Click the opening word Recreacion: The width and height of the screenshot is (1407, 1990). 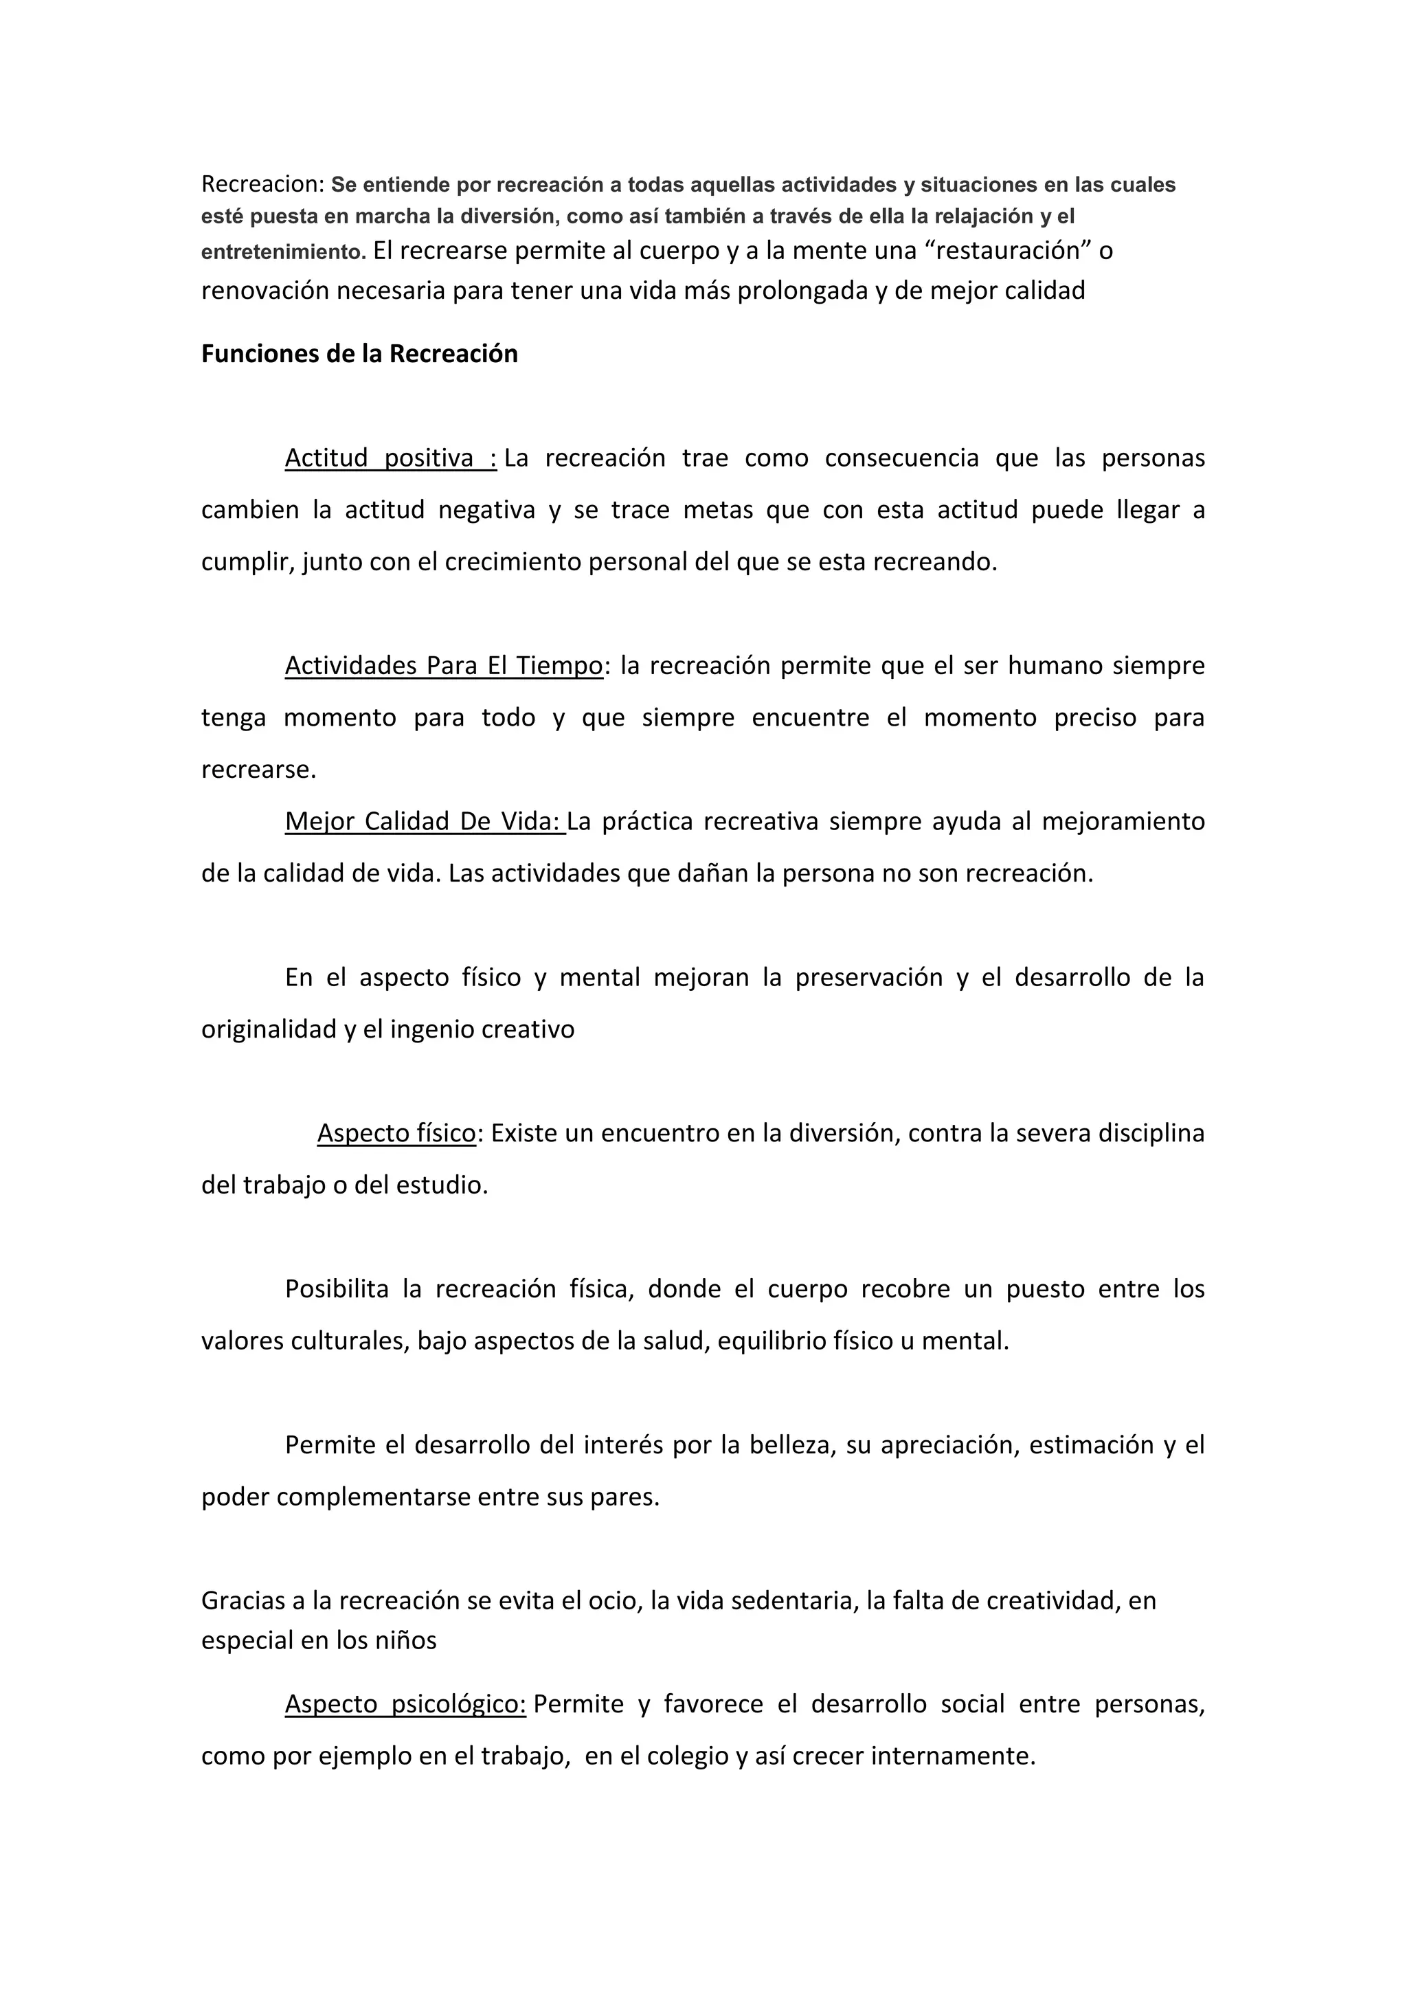[x=262, y=185]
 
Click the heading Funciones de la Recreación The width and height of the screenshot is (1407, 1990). [x=359, y=354]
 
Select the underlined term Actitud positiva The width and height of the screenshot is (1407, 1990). [x=390, y=458]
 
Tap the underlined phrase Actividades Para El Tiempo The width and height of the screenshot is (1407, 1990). [x=444, y=666]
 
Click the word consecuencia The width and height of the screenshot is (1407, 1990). [x=901, y=458]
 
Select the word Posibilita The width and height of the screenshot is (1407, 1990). [x=337, y=1289]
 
